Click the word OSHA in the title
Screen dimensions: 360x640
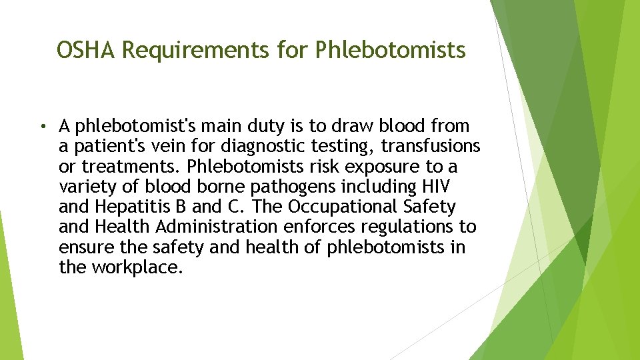coord(87,50)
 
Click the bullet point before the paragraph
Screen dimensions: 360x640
coord(41,126)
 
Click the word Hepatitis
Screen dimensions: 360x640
coord(130,207)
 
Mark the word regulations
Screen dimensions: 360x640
coord(403,227)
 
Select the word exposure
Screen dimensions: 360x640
coord(387,166)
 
